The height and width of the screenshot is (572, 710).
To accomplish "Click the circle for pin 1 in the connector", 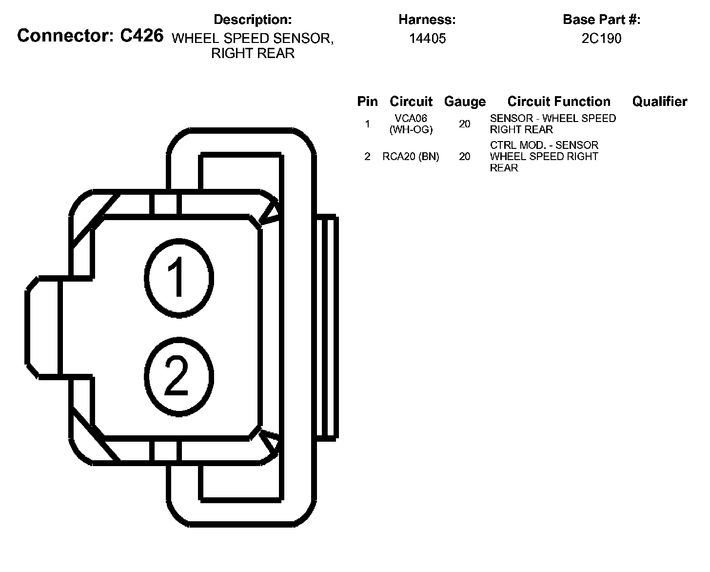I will click(x=179, y=278).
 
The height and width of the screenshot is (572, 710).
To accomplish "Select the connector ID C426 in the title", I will click(x=141, y=36).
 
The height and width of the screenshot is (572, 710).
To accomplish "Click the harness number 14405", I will click(x=427, y=39).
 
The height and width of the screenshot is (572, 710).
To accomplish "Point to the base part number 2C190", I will click(x=601, y=39).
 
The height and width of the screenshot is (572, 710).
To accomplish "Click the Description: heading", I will click(x=253, y=20).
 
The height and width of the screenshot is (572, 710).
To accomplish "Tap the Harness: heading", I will click(x=427, y=20).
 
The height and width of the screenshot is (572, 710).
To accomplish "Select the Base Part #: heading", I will click(x=601, y=20).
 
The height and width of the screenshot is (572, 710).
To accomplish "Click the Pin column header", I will click(x=367, y=102).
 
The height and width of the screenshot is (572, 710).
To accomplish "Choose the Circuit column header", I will click(x=411, y=102).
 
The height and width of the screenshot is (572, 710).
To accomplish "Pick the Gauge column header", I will click(x=465, y=102).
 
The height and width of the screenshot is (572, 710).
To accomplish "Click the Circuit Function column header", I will click(x=559, y=102).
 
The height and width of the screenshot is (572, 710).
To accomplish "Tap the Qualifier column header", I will click(x=659, y=102).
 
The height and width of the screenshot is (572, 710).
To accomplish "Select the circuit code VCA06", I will click(x=411, y=119).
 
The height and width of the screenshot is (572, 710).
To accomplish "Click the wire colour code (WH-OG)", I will click(x=411, y=130).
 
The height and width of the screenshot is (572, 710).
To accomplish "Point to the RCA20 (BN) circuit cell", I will click(x=411, y=157).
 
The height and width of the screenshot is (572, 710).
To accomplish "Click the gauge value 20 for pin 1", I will click(x=465, y=124).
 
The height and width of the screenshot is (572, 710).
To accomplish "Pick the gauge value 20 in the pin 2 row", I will click(x=465, y=157).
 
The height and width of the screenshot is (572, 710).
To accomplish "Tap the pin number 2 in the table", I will click(x=367, y=157).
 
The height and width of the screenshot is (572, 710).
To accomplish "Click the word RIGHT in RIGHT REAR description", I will click(x=229, y=53).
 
